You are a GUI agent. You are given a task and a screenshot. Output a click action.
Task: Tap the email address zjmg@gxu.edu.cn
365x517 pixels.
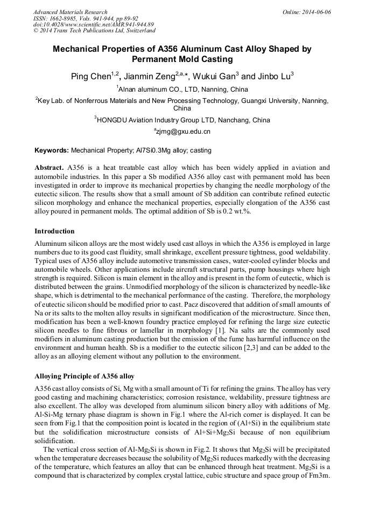tap(183, 132)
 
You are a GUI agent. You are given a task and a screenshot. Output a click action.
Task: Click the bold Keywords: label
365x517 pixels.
tap(52, 150)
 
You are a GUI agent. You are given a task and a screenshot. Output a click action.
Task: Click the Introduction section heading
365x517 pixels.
tap(54, 231)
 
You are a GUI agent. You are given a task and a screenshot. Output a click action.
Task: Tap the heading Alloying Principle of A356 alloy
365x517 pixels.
tap(84, 376)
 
